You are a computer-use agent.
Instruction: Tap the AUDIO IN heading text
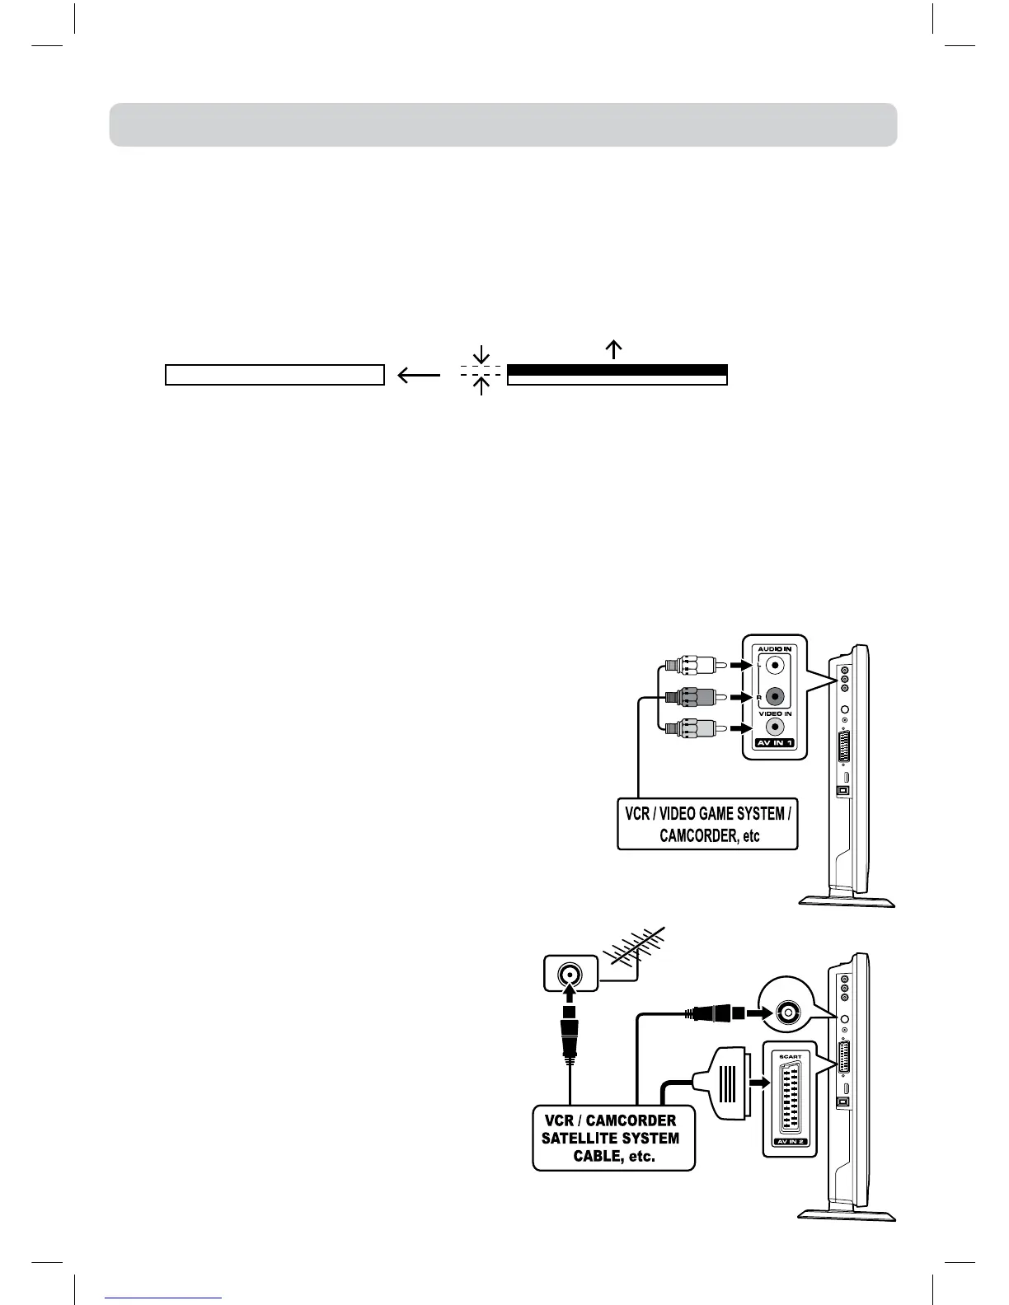click(774, 649)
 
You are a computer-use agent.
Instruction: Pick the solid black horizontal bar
click(617, 370)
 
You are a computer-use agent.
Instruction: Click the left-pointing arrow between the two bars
click(418, 376)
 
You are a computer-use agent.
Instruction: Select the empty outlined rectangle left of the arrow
click(275, 376)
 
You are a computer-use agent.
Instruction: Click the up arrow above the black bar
click(612, 349)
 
